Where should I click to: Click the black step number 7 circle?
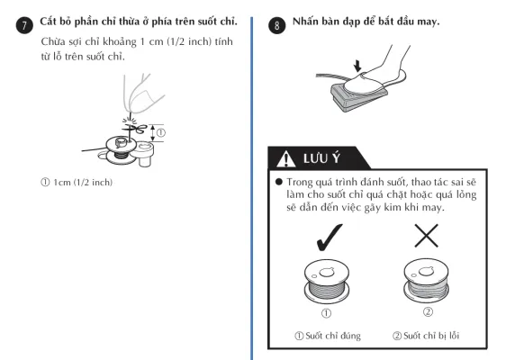[x=24, y=25]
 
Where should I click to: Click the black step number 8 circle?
[x=277, y=25]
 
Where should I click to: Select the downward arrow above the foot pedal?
[x=357, y=66]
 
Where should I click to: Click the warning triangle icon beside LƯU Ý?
[x=286, y=158]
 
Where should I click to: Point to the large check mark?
[x=330, y=238]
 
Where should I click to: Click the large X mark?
[x=426, y=236]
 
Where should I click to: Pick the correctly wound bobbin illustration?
[x=327, y=281]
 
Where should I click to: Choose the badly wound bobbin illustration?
[x=426, y=280]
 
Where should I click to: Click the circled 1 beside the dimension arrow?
[x=160, y=132]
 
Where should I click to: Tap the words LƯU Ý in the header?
[x=321, y=158]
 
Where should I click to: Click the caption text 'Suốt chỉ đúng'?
[x=333, y=336]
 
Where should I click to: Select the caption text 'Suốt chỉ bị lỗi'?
[x=431, y=336]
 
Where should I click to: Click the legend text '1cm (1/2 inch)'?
[x=83, y=183]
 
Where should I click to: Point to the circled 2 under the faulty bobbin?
[x=428, y=312]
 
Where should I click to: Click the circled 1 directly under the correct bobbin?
[x=326, y=313]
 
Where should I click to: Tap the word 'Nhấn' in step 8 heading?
[x=304, y=22]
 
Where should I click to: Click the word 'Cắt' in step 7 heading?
[x=48, y=22]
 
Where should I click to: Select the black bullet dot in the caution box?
[x=279, y=182]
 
